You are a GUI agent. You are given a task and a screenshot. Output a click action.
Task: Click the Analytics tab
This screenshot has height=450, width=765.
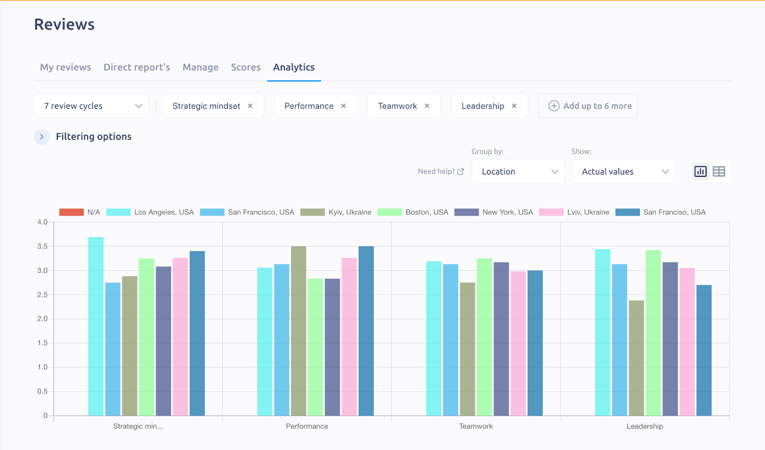294,67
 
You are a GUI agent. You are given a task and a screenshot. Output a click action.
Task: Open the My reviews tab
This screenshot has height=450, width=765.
66,67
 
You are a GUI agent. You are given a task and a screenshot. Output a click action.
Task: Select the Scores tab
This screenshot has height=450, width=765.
246,67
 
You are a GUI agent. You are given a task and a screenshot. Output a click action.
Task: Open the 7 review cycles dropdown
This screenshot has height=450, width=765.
91,106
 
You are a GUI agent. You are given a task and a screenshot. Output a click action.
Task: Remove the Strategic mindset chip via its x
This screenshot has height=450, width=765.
250,106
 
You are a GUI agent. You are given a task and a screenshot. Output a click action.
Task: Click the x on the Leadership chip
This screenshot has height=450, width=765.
514,106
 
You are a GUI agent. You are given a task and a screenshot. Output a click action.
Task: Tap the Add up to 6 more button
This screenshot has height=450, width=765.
588,106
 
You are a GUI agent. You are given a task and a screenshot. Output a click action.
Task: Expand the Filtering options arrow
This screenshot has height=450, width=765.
42,137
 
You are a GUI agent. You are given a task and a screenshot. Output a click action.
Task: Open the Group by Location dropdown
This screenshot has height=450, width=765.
518,171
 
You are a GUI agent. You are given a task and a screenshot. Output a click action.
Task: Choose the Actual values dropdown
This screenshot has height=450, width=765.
623,171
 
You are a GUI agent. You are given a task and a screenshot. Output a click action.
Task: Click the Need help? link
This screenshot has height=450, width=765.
440,171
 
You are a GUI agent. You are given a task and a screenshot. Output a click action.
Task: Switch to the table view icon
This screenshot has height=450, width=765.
719,171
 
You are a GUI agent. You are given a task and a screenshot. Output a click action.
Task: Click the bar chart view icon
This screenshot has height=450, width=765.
700,171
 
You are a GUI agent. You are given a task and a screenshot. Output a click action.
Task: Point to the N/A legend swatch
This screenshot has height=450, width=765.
71,212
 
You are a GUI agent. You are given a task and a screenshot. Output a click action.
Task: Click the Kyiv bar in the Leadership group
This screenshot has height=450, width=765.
636,358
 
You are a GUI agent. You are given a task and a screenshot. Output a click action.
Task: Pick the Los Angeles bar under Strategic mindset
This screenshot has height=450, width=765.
96,330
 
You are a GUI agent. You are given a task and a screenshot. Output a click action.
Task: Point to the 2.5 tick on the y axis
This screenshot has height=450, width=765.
43,295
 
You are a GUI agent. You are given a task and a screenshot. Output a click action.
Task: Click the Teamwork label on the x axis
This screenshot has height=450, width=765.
476,426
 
